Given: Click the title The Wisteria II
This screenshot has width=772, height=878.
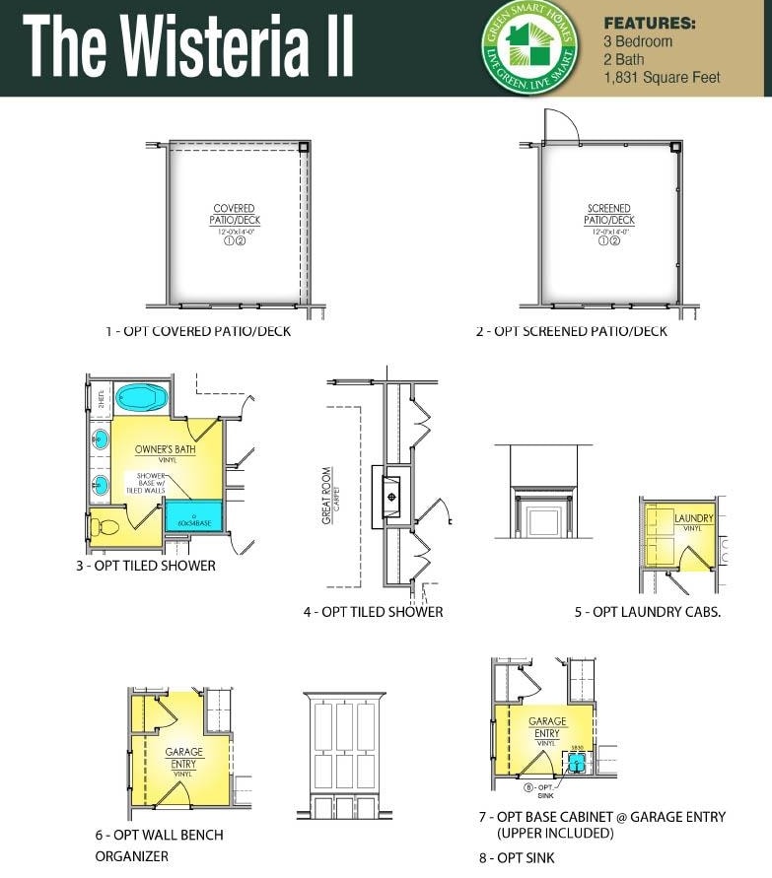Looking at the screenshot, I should (x=187, y=47).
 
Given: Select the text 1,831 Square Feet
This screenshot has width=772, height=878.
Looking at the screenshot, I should (x=662, y=77).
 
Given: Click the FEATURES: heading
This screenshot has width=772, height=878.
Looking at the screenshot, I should (x=649, y=23).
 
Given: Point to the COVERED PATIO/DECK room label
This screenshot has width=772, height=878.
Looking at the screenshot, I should (x=235, y=215).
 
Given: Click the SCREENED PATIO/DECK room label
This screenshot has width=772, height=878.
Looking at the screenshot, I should (x=608, y=215).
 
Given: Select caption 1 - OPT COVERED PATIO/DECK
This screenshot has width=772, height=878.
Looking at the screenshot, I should (x=198, y=331).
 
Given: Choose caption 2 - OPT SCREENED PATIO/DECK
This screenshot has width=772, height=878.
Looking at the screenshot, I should (x=571, y=331).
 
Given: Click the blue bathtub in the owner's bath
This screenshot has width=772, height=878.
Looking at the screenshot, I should (x=144, y=399).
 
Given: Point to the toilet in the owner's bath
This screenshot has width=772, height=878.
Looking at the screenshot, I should (x=103, y=526).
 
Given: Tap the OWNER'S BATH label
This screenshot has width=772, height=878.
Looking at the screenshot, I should (x=165, y=450).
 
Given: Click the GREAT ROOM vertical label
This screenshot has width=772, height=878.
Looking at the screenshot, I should (x=328, y=495).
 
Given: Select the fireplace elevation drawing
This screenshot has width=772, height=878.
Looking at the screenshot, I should (x=542, y=492).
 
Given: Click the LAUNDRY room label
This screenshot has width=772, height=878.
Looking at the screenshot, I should (x=693, y=518).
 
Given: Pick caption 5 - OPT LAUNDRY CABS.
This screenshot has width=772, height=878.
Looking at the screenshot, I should (x=648, y=612).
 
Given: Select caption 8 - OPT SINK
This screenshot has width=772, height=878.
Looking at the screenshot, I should (x=517, y=857).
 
